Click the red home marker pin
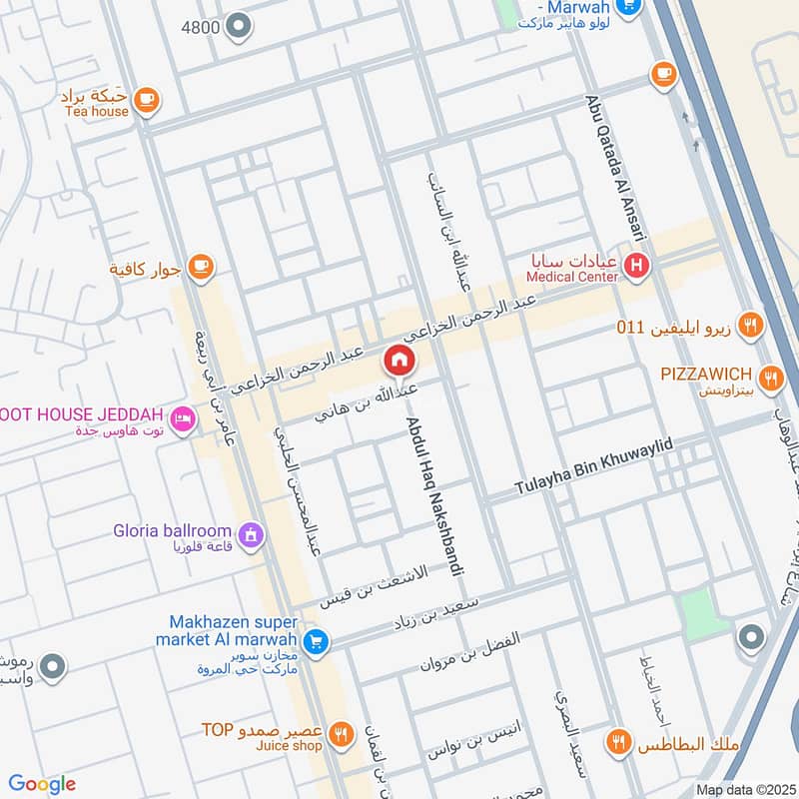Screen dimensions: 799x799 pos(399,360)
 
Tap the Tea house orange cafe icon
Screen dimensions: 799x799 pos(146,99)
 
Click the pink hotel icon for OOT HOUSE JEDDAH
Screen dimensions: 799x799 pos(182,418)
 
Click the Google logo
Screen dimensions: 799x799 pos(42,784)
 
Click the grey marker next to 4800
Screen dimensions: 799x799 pos(238,26)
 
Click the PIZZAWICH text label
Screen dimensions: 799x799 pos(705,374)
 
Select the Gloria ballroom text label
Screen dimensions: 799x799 pos(172,531)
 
